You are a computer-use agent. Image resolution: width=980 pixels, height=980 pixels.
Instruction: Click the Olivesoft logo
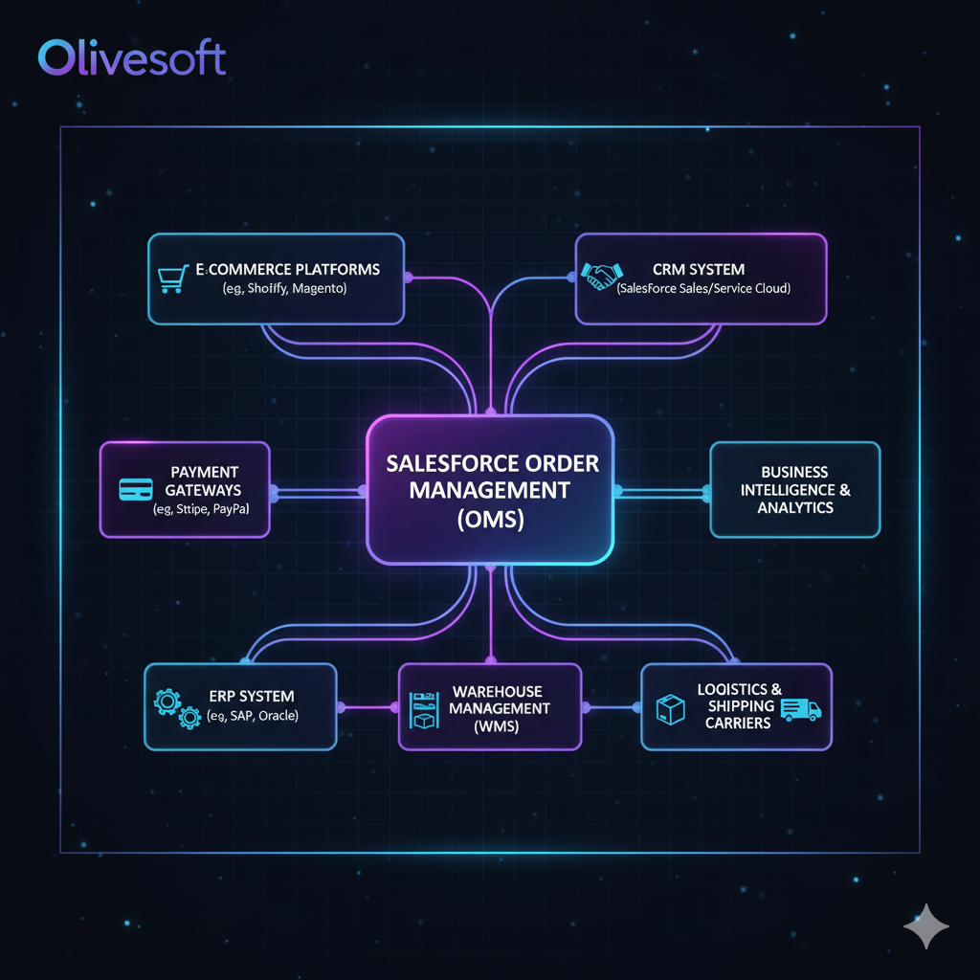(132, 58)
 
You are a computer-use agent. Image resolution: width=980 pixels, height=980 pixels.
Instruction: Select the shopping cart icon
(170, 278)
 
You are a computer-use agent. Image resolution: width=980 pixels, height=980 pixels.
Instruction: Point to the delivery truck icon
(800, 708)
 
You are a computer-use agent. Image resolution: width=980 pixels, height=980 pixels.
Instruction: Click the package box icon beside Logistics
(670, 709)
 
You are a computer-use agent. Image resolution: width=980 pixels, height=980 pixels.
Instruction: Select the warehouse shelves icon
(422, 709)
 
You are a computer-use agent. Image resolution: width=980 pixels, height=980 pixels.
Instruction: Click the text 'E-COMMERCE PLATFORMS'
(287, 269)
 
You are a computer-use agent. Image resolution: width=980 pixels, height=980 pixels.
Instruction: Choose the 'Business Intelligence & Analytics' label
(794, 489)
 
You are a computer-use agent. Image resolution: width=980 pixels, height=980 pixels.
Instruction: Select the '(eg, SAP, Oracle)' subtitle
(253, 716)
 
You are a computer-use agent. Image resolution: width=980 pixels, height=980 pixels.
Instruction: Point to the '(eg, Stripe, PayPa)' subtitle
(201, 509)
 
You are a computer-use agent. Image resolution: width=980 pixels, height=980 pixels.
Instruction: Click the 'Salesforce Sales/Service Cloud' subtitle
(703, 288)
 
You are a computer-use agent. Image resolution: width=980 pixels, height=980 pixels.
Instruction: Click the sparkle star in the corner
(926, 927)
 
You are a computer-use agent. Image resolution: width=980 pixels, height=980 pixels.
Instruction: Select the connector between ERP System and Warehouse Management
(367, 708)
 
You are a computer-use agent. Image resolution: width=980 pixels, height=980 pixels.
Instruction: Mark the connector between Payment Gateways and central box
(318, 492)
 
